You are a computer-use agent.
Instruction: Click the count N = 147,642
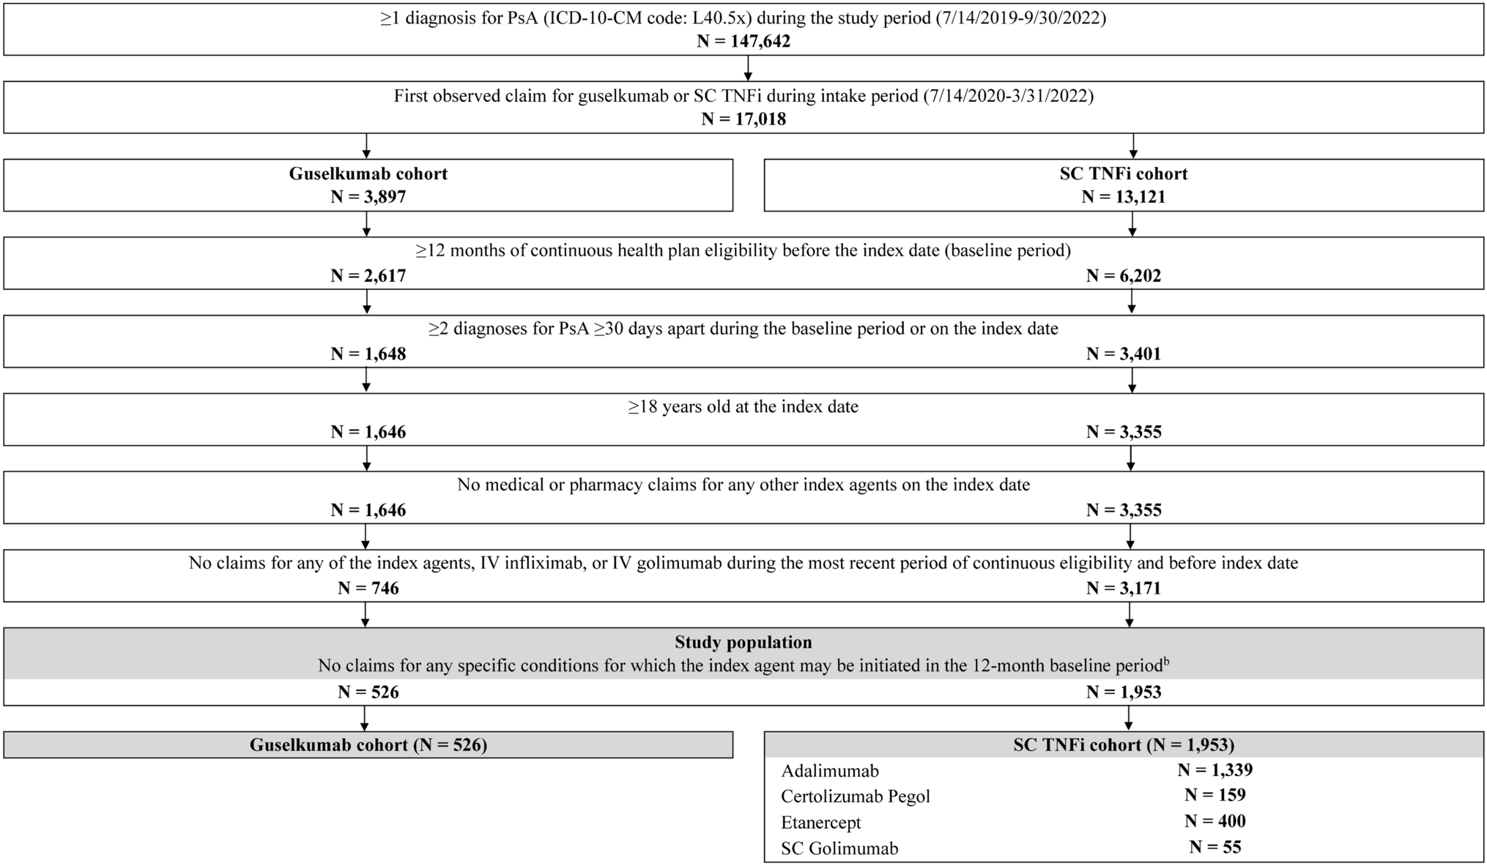[743, 41]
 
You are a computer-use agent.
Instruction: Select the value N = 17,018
[743, 119]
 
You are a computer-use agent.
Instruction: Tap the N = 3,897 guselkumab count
[368, 197]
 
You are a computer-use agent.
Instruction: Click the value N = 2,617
[368, 276]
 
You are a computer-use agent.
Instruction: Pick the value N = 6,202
[1123, 276]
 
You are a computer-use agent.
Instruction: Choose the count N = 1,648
[368, 354]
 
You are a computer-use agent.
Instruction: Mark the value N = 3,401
[1123, 354]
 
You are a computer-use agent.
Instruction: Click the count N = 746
[368, 589]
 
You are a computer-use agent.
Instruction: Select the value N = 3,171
[1123, 589]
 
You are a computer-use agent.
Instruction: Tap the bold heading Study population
[743, 643]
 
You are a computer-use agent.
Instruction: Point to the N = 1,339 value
[1215, 770]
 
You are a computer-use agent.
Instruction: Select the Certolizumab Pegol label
[855, 796]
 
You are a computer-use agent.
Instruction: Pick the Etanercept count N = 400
[1215, 821]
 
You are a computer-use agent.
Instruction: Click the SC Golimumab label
[839, 848]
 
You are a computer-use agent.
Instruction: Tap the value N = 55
[1215, 848]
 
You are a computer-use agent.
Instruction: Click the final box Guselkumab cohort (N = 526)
[368, 745]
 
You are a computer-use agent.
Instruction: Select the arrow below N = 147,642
[747, 68]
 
